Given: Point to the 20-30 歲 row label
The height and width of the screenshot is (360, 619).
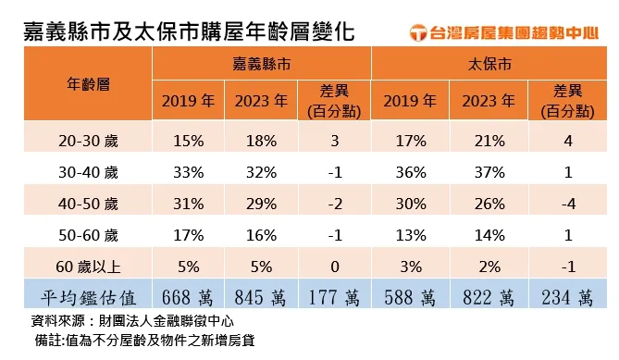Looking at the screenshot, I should click(89, 142).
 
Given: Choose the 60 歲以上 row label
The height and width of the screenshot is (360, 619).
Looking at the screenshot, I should click(89, 266).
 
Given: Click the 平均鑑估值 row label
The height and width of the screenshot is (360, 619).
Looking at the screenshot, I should click(89, 297).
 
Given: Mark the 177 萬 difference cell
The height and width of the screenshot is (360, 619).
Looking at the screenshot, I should click(334, 297).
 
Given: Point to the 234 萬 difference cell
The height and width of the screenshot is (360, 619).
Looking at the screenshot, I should click(565, 297).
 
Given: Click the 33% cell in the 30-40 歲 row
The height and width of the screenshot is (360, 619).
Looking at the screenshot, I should click(187, 172).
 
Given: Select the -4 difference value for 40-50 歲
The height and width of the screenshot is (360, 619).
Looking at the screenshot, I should click(565, 204).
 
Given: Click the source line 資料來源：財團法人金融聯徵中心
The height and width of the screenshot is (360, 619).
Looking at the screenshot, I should click(131, 321).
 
